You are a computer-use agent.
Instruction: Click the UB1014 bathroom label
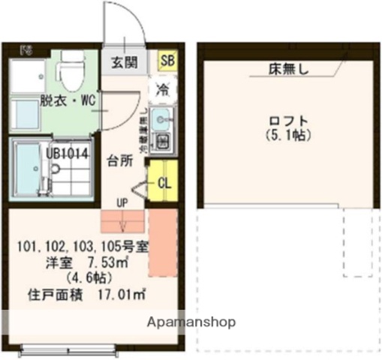coord(68,154)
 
